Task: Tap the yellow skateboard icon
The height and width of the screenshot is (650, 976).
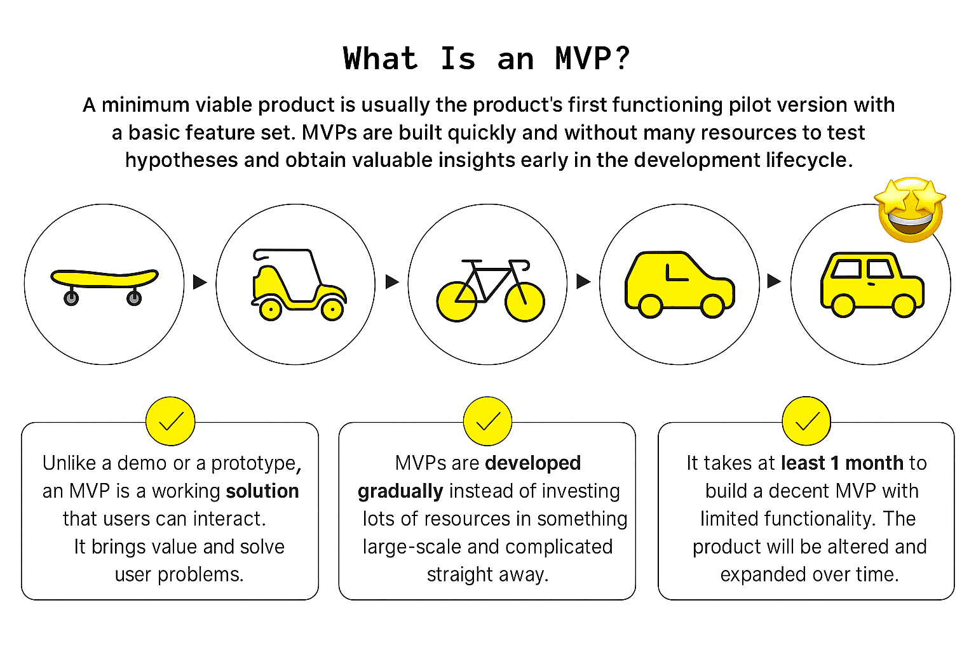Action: [104, 280]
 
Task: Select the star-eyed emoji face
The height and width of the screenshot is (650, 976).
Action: [910, 209]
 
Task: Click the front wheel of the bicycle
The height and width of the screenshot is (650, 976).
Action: [524, 301]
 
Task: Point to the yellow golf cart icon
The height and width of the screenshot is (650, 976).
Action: [297, 284]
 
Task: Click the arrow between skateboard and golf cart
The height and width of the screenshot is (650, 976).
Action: [200, 281]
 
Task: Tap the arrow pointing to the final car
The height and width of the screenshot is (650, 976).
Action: [773, 281]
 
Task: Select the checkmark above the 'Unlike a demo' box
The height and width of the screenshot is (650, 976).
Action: [170, 421]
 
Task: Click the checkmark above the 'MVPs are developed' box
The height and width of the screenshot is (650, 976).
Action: [487, 421]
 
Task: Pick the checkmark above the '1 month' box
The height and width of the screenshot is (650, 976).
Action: [806, 421]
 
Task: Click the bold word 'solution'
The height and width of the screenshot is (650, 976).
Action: [262, 491]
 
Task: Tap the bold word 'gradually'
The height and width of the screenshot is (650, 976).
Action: [400, 491]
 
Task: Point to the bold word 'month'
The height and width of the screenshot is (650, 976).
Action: [874, 463]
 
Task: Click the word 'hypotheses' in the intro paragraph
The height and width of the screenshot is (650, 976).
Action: [182, 160]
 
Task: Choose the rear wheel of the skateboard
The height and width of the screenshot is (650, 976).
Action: [71, 298]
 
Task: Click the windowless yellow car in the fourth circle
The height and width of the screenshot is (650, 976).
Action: [680, 284]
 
